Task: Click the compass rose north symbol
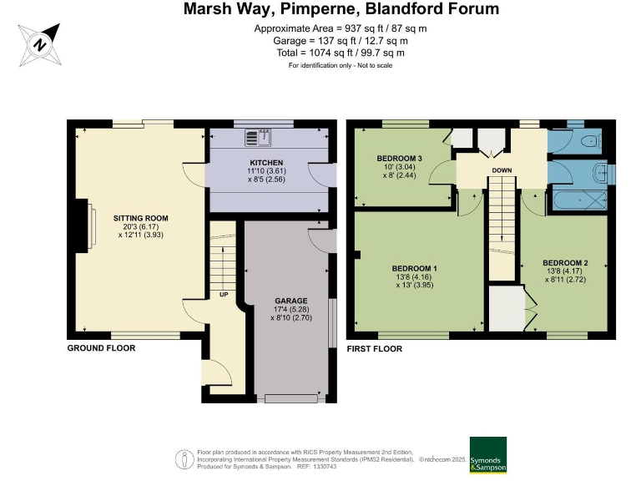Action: [x=40, y=44]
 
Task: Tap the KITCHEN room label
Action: [x=266, y=163]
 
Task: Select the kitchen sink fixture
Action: [x=258, y=138]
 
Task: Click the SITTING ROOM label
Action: [x=140, y=219]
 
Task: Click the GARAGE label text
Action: [x=291, y=301]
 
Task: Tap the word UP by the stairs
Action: [x=224, y=295]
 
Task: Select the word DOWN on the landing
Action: [x=502, y=170]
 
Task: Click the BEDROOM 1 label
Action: [x=415, y=269]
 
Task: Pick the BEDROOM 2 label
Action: [x=565, y=263]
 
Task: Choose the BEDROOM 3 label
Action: [x=400, y=159]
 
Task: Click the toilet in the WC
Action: [x=592, y=141]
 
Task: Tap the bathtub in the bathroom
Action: [x=580, y=200]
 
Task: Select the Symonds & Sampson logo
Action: [x=488, y=454]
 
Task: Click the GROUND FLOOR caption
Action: [x=101, y=348]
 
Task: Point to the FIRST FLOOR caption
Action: [x=375, y=349]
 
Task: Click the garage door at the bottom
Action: [x=291, y=398]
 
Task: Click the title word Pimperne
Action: [x=318, y=8]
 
